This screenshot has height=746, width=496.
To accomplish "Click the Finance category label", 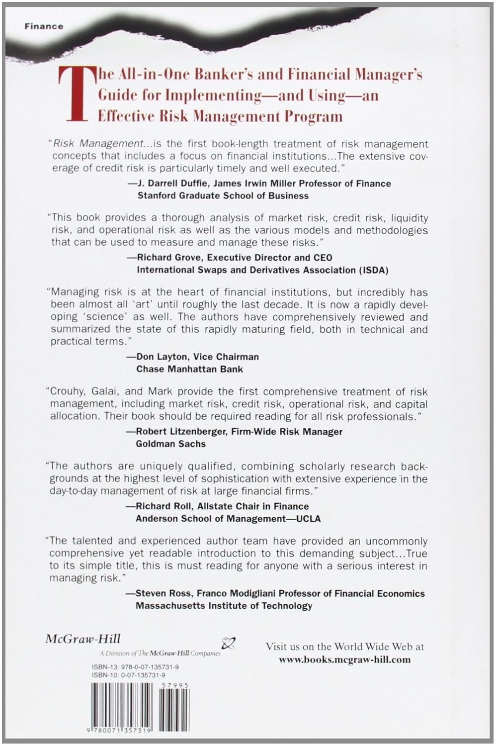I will (44, 26).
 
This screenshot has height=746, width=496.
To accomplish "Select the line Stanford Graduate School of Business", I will (223, 195).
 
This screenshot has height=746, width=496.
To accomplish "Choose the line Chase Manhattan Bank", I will (189, 369).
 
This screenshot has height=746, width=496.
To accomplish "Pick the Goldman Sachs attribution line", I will (170, 444).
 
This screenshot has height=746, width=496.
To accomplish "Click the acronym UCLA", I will (309, 518).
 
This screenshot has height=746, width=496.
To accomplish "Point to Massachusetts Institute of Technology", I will (224, 605).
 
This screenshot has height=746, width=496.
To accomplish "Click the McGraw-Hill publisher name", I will (83, 639).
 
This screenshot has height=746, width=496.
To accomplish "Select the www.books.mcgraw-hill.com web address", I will (344, 659).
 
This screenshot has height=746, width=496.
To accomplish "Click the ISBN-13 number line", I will (135, 667).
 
